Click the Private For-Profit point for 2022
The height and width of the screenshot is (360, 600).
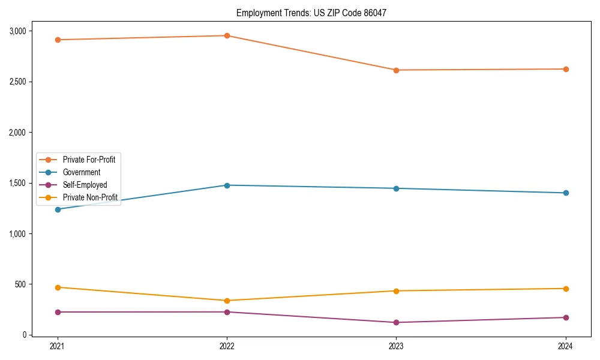coord(227,35)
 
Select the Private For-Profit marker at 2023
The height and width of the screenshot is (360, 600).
coord(396,70)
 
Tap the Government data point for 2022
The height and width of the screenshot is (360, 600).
coord(227,185)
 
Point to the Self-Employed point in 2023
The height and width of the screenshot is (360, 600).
coord(396,322)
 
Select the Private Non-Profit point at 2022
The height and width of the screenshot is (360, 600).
coord(227,301)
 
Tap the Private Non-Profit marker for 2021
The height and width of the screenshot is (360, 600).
coord(58,287)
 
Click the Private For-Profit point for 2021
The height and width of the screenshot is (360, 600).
coord(58,40)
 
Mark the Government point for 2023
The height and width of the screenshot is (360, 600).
coord(396,188)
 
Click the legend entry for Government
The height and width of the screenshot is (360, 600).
coord(81,172)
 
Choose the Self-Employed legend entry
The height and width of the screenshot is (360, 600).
coord(85,185)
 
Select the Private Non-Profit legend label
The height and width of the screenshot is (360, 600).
coord(90,197)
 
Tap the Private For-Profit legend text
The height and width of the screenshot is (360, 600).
coord(89,160)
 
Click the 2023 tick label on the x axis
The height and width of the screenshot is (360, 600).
coord(396,346)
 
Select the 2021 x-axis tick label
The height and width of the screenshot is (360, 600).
coord(58,346)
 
